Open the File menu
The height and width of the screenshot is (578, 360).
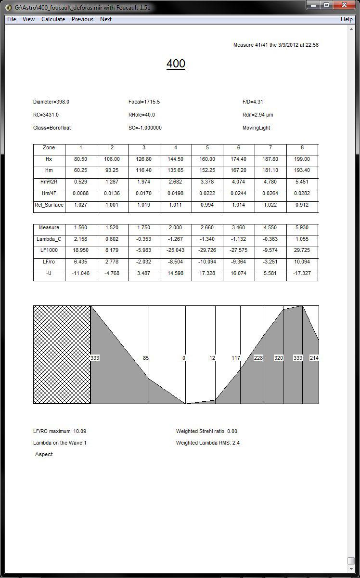tap(12, 19)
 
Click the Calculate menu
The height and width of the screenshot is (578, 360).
tap(53, 19)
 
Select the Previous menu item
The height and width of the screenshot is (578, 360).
tap(82, 19)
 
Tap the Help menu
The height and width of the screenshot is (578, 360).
tap(347, 19)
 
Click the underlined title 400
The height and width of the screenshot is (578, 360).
tap(176, 64)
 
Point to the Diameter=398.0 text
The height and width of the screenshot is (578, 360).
tap(51, 102)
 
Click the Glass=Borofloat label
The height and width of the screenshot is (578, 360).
tap(52, 128)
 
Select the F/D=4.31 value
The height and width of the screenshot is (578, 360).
tap(253, 102)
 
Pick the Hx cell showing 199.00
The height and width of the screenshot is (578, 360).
tap(302, 159)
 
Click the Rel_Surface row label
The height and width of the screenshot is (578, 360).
tap(49, 205)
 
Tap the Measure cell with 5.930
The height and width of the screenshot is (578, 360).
tap(302, 228)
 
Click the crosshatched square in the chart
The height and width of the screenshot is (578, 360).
tap(62, 355)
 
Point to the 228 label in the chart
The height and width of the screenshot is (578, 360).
tap(258, 358)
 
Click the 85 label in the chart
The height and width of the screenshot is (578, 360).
tap(146, 358)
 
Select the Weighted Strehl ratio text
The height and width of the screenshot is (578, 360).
tap(206, 432)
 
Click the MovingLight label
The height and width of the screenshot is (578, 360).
tap(257, 128)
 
